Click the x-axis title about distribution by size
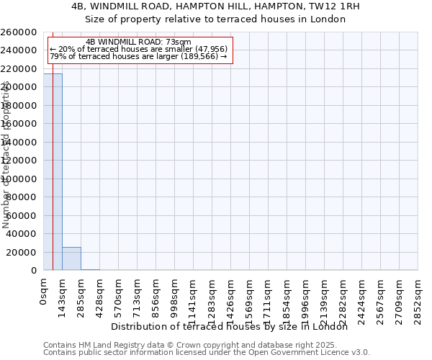click(230, 327)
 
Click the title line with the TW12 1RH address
click(216, 6)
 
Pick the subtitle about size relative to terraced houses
click(216, 19)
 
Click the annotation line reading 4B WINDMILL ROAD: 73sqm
click(138, 42)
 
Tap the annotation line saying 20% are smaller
click(138, 50)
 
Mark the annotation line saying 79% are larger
click(138, 57)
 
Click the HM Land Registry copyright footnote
click(207, 345)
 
